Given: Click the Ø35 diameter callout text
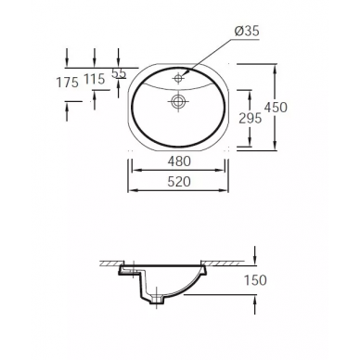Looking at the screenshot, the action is (x=247, y=31).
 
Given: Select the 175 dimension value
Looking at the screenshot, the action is (x=68, y=83).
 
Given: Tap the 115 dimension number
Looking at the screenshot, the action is (x=95, y=80).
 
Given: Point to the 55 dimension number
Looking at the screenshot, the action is (x=119, y=73).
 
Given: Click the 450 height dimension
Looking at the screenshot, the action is (x=276, y=108).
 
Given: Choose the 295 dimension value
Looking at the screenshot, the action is (x=251, y=118).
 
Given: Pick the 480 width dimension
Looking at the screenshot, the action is (x=179, y=161).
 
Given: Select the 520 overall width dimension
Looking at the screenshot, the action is (x=179, y=182).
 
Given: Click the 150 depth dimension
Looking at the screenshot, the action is (x=255, y=280).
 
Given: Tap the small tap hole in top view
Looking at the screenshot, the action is (x=178, y=78).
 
